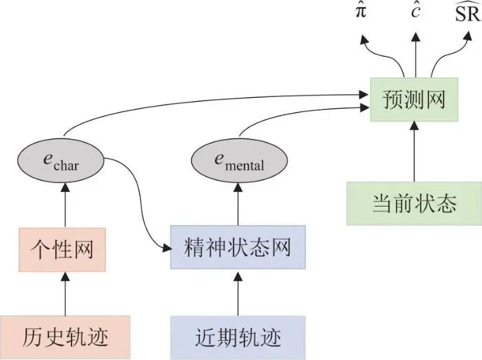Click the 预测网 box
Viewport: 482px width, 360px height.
point(414,100)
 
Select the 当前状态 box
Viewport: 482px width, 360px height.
point(414,204)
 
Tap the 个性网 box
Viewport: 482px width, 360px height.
point(62,250)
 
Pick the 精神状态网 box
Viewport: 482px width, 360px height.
point(238,247)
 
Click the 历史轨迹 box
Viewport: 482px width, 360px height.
point(65,337)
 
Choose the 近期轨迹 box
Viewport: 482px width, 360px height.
point(238,337)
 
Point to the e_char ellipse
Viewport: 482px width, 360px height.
point(61,161)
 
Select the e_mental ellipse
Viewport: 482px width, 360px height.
point(239,161)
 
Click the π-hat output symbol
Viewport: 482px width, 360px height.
point(361,12)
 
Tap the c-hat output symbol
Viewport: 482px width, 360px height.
point(415,12)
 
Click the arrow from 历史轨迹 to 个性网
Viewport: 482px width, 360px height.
point(65,294)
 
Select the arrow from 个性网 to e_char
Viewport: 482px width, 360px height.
point(65,205)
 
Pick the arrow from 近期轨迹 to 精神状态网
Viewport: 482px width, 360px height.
point(238,293)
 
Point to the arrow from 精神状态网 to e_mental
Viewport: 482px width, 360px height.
point(238,204)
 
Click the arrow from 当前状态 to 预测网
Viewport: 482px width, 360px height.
point(414,151)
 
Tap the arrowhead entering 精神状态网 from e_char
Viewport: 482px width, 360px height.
point(167,248)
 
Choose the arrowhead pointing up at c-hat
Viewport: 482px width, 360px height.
point(416,37)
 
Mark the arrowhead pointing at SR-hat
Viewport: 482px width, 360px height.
point(468,36)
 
